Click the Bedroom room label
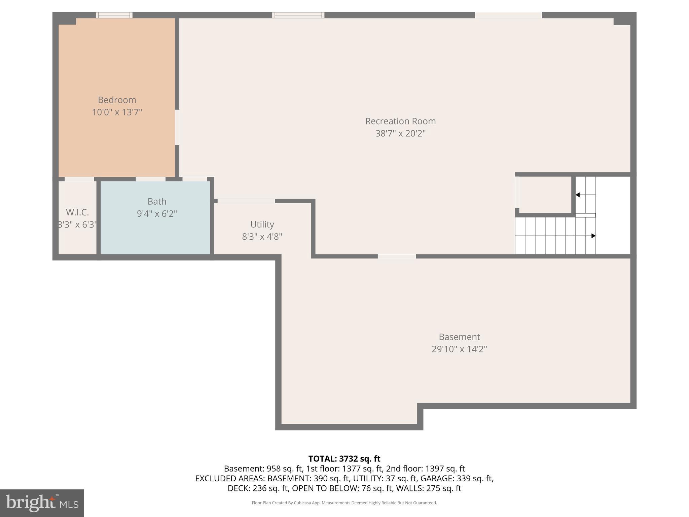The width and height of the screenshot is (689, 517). click(117, 100)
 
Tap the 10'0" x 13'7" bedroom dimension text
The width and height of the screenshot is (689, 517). click(117, 112)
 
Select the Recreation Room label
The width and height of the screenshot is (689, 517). click(400, 121)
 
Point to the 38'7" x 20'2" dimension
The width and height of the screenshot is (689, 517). click(400, 134)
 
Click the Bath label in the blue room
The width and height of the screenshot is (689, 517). click(157, 201)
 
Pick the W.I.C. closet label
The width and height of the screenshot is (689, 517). click(77, 212)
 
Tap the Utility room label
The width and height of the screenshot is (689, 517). click(262, 224)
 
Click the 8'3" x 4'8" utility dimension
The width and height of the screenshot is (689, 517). click(262, 237)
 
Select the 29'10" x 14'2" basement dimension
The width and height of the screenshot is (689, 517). click(459, 349)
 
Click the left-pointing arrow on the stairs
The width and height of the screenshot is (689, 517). click(578, 195)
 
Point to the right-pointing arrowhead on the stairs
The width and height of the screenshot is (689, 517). click(593, 236)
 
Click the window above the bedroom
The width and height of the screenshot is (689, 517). click(114, 15)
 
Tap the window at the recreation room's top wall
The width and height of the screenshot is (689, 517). click(298, 15)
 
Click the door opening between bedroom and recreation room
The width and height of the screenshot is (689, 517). click(177, 127)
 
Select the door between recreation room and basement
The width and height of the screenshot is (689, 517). click(397, 256)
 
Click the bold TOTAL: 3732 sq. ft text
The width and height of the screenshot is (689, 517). click(344, 459)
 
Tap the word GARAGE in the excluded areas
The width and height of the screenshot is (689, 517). click(437, 478)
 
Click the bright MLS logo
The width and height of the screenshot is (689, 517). click(42, 503)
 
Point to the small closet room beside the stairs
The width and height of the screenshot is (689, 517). click(545, 195)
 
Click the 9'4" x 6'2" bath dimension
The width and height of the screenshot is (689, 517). click(157, 214)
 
